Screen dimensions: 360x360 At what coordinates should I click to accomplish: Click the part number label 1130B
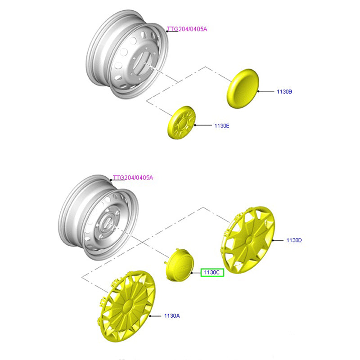tap(284, 91)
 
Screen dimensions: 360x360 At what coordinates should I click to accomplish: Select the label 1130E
tap(222, 126)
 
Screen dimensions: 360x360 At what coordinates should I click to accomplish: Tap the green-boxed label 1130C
tap(212, 272)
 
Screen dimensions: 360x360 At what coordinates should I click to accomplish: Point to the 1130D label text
tap(294, 240)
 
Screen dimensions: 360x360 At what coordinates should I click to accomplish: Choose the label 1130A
tap(172, 316)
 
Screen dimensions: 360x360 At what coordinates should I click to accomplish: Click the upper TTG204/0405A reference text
tap(187, 30)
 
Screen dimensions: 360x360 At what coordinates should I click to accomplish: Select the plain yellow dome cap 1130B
tap(242, 88)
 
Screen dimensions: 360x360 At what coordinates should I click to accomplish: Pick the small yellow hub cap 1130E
tap(182, 122)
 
